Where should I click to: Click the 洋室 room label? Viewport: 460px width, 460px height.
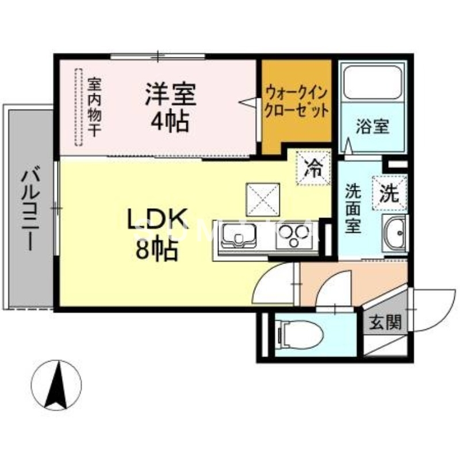click(x=170, y=94)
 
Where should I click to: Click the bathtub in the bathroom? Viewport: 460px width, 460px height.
click(x=371, y=83)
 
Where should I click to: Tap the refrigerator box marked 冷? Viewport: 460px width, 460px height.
click(x=313, y=168)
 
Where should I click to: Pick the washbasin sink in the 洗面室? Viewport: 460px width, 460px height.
click(x=394, y=235)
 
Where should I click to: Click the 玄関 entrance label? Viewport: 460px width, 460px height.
click(x=385, y=323)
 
